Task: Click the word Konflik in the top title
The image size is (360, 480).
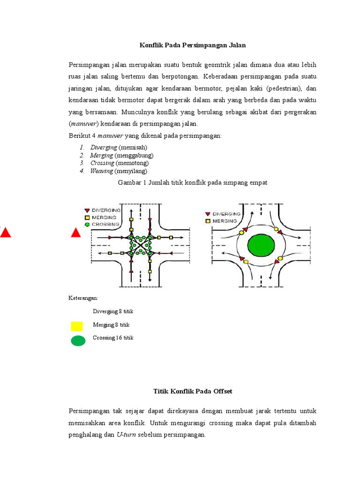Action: click(151, 45)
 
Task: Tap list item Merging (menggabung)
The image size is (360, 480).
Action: click(122, 155)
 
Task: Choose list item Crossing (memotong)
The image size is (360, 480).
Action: click(120, 163)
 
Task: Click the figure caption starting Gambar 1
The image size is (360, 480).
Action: click(192, 183)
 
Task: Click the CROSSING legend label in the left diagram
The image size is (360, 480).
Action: click(106, 225)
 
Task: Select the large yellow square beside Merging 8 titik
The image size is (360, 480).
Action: click(77, 326)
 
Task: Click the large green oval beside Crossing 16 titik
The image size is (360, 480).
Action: click(78, 341)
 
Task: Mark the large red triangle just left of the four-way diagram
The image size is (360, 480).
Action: click(76, 233)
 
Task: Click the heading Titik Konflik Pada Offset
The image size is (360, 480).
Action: click(193, 391)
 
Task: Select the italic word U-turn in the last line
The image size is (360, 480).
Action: click(125, 435)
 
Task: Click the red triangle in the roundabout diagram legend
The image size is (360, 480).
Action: click(207, 214)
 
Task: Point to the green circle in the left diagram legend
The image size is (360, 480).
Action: click(87, 225)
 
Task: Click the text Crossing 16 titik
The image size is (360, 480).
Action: click(113, 338)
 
